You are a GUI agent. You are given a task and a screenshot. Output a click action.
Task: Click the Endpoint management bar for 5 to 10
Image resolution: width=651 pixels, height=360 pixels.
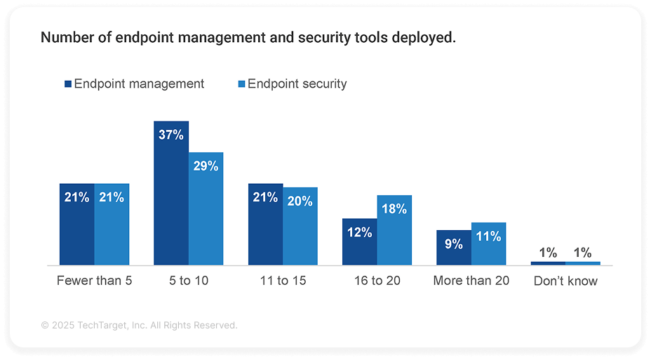pos(171,193)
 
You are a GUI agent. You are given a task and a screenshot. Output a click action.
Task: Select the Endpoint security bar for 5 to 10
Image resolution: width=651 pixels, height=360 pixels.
pos(206,211)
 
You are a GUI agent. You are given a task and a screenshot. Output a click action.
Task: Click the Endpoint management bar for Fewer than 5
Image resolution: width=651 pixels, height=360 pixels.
pos(76,225)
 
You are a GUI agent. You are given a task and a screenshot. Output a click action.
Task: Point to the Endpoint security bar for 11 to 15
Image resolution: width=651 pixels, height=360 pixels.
pos(300,228)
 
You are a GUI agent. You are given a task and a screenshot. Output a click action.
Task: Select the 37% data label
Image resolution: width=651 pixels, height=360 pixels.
pos(170,135)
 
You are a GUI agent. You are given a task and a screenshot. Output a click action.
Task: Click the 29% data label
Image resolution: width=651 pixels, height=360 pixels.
pos(206,166)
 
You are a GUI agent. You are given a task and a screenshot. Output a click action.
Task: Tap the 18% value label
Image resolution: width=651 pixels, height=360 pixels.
pos(394,209)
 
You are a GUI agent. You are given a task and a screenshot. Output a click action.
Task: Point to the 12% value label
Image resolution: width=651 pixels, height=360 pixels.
pos(359,232)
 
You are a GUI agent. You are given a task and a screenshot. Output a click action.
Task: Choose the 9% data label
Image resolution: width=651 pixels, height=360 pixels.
pos(453,244)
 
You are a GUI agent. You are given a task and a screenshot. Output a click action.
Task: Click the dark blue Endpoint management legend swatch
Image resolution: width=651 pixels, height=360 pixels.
pos(67,84)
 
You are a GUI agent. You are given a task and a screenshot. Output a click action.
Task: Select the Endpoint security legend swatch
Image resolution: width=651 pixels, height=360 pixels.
pos(241,84)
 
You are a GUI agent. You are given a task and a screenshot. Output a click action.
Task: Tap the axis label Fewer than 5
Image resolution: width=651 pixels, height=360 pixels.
pos(94,281)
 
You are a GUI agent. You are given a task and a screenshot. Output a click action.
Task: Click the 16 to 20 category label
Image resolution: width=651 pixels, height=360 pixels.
pos(377,281)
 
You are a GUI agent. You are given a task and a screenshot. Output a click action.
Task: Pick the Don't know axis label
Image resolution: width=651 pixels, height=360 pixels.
pos(565,281)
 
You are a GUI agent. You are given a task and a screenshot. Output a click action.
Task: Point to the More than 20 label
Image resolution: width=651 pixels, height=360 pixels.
pos(471,281)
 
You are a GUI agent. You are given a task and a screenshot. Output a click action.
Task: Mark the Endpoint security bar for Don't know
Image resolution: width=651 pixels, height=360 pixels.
pos(583,263)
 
